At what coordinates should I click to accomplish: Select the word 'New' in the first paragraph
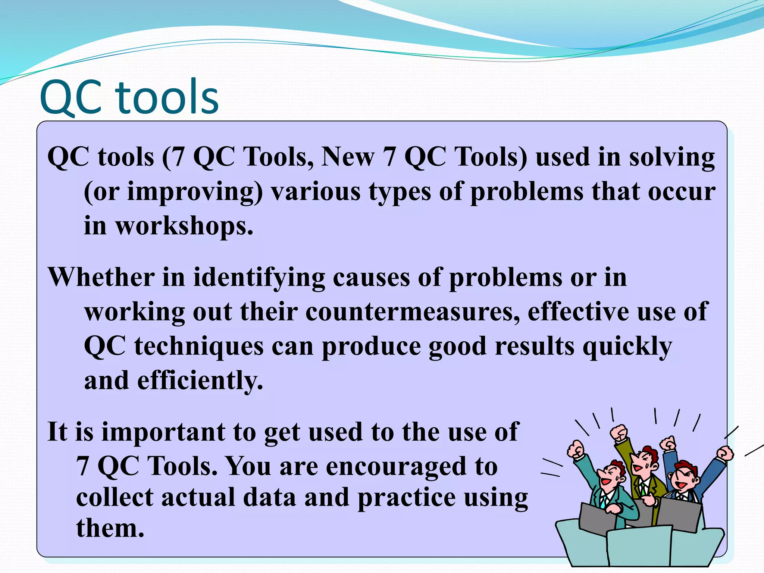348,157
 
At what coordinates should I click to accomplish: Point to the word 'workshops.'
184,226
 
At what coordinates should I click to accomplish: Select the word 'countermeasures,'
413,312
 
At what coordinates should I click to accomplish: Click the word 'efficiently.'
200,381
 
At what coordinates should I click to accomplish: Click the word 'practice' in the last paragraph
407,498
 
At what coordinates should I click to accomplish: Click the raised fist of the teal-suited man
576,450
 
